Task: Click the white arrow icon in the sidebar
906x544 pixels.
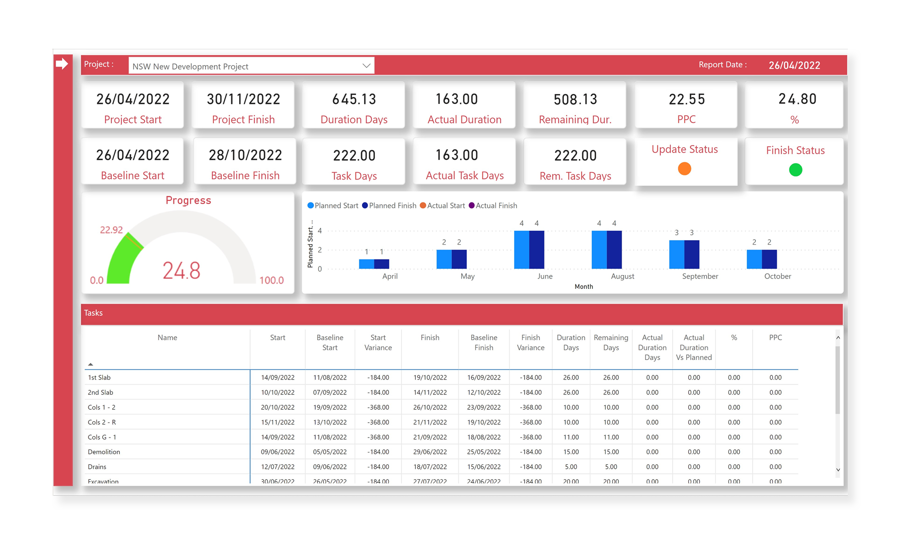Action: [x=62, y=64]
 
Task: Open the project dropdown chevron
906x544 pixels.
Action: [x=366, y=66]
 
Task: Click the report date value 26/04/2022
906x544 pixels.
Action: [x=794, y=65]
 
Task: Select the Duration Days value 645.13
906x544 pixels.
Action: [x=354, y=99]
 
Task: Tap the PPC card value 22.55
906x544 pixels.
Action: [x=687, y=99]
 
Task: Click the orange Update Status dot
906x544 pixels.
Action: [x=684, y=169]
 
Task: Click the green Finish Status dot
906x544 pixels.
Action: [x=795, y=170]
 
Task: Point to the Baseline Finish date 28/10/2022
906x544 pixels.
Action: [x=245, y=155]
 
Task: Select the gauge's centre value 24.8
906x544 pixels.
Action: [x=181, y=271]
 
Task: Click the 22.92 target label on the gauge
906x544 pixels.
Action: [x=111, y=230]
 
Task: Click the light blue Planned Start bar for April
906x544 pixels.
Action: [x=366, y=264]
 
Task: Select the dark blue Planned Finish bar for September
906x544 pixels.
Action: [x=692, y=255]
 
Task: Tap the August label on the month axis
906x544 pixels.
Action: [x=622, y=276]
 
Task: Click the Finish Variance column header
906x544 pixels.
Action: [x=530, y=343]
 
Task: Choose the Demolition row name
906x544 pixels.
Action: [x=104, y=452]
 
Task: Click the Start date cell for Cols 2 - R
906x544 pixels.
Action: [x=277, y=422]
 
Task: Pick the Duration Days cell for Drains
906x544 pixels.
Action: [x=570, y=467]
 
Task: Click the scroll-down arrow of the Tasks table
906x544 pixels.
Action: [x=838, y=470]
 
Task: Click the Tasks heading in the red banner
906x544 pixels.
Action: [x=93, y=313]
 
